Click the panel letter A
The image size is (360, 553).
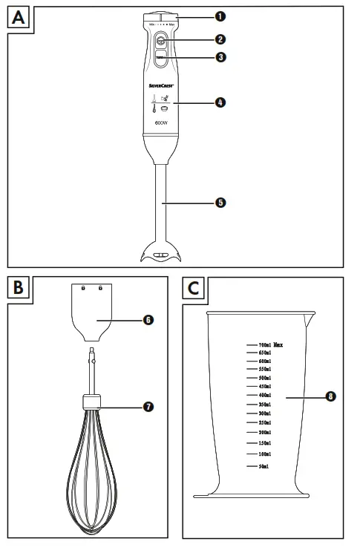pyautogui.click(x=21, y=19)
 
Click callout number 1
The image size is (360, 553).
pyautogui.click(x=220, y=16)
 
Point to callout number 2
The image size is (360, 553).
pyautogui.click(x=220, y=39)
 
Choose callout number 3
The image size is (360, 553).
pyautogui.click(x=220, y=57)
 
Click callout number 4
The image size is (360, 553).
pyautogui.click(x=220, y=102)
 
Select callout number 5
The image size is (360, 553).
pyautogui.click(x=220, y=202)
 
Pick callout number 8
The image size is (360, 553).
pyautogui.click(x=330, y=397)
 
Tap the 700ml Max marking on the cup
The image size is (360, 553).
pyautogui.click(x=270, y=345)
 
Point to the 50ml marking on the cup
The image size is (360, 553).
pyautogui.click(x=263, y=466)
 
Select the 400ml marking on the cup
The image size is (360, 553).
pyautogui.click(x=264, y=395)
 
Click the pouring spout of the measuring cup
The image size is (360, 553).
pyautogui.click(x=307, y=319)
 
